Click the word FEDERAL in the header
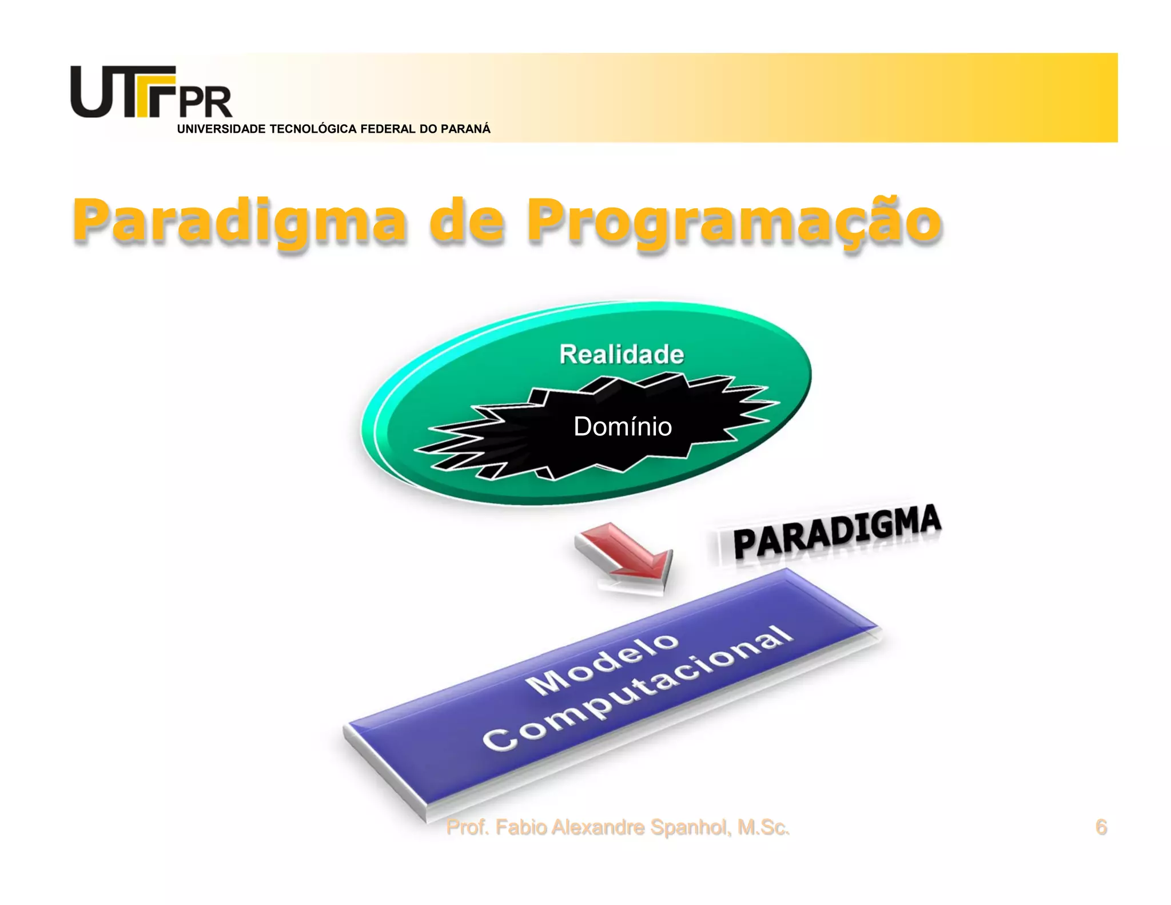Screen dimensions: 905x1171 click(x=388, y=129)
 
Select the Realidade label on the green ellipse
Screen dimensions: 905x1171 click(x=622, y=355)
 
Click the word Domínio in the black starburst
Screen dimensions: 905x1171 click(x=623, y=427)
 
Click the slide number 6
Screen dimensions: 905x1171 click(x=1101, y=827)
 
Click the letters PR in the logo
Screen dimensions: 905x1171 click(x=206, y=102)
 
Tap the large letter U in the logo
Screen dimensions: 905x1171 click(x=95, y=92)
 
